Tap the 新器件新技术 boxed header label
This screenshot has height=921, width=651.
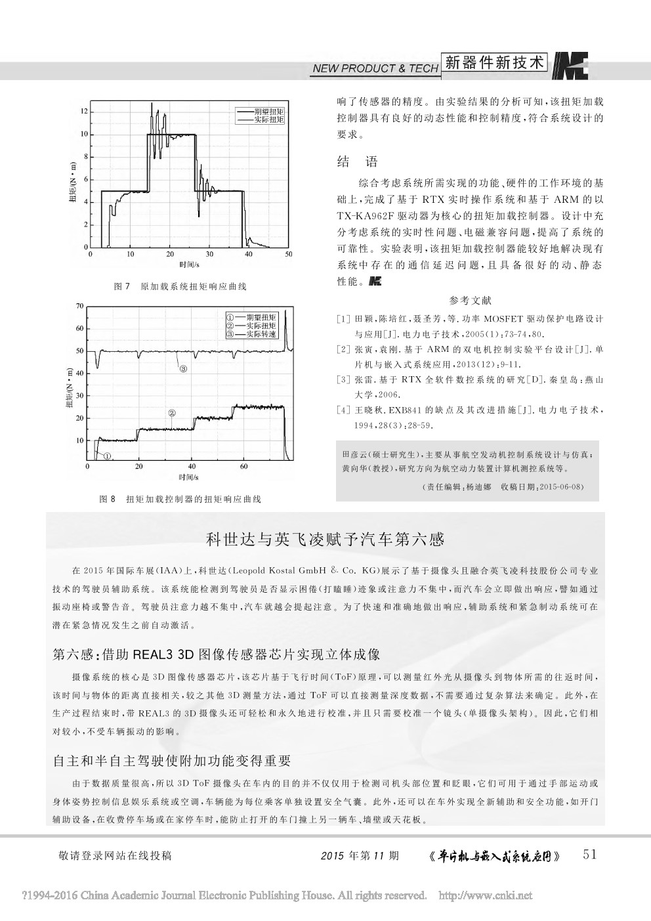[x=495, y=62]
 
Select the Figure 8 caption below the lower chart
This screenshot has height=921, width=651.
[x=180, y=499]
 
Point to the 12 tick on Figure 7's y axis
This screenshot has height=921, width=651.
[x=84, y=111]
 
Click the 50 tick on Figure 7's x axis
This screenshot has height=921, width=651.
[x=289, y=254]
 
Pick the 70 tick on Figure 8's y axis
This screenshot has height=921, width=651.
[x=80, y=307]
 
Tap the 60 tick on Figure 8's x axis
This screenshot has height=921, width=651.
[x=244, y=467]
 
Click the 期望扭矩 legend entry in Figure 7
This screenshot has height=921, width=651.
[x=260, y=112]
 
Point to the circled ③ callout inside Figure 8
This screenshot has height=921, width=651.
[x=183, y=369]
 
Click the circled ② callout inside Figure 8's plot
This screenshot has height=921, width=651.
[x=172, y=413]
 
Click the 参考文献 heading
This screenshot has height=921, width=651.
[x=470, y=301]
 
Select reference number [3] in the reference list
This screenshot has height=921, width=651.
[x=342, y=379]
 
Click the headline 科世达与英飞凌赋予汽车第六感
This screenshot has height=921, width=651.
[x=325, y=540]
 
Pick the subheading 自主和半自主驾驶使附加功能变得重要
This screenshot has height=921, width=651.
[x=171, y=761]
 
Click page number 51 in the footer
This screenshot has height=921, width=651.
[x=590, y=854]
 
